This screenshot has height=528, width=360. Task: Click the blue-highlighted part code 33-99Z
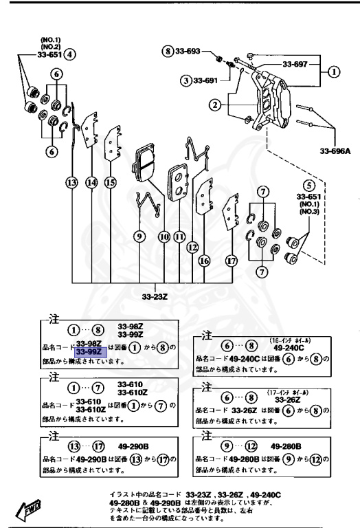point(88,351)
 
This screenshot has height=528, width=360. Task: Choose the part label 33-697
point(296,64)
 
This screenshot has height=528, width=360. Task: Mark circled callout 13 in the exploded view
point(71,182)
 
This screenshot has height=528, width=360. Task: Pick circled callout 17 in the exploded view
point(231,261)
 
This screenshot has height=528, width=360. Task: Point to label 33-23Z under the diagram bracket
point(154,297)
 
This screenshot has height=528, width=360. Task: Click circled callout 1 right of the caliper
point(335,70)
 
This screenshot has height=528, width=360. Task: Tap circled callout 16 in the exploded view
point(204,261)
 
